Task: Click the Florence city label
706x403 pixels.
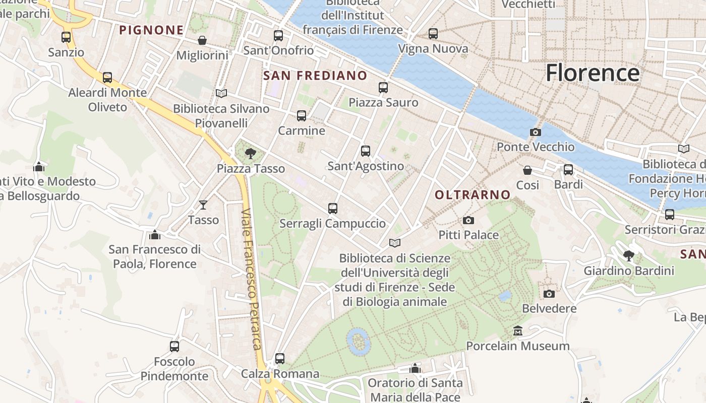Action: pos(593,73)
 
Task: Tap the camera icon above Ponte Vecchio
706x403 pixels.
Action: pos(535,132)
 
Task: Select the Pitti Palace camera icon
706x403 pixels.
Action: pos(468,220)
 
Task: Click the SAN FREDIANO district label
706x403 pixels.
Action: pos(315,76)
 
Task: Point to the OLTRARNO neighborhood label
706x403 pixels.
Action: pos(473,194)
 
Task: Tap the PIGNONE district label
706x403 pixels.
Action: pos(151,30)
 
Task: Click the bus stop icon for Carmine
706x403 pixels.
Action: pos(302,116)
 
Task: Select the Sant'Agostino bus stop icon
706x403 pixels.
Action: pos(366,151)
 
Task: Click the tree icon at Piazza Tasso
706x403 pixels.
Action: pos(250,154)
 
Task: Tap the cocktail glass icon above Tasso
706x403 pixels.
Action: pos(203,205)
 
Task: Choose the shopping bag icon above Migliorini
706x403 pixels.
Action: pos(202,40)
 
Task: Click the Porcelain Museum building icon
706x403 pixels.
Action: pos(517,331)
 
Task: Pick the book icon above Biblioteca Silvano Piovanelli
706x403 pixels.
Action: pos(221,93)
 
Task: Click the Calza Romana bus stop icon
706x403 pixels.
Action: pos(280,359)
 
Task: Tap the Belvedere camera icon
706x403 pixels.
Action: pos(549,293)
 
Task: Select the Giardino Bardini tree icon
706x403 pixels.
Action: pos(628,256)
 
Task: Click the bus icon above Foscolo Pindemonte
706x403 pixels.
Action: pos(174,347)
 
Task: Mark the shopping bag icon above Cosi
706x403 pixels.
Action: pos(527,170)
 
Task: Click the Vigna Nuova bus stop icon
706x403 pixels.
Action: pos(433,34)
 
